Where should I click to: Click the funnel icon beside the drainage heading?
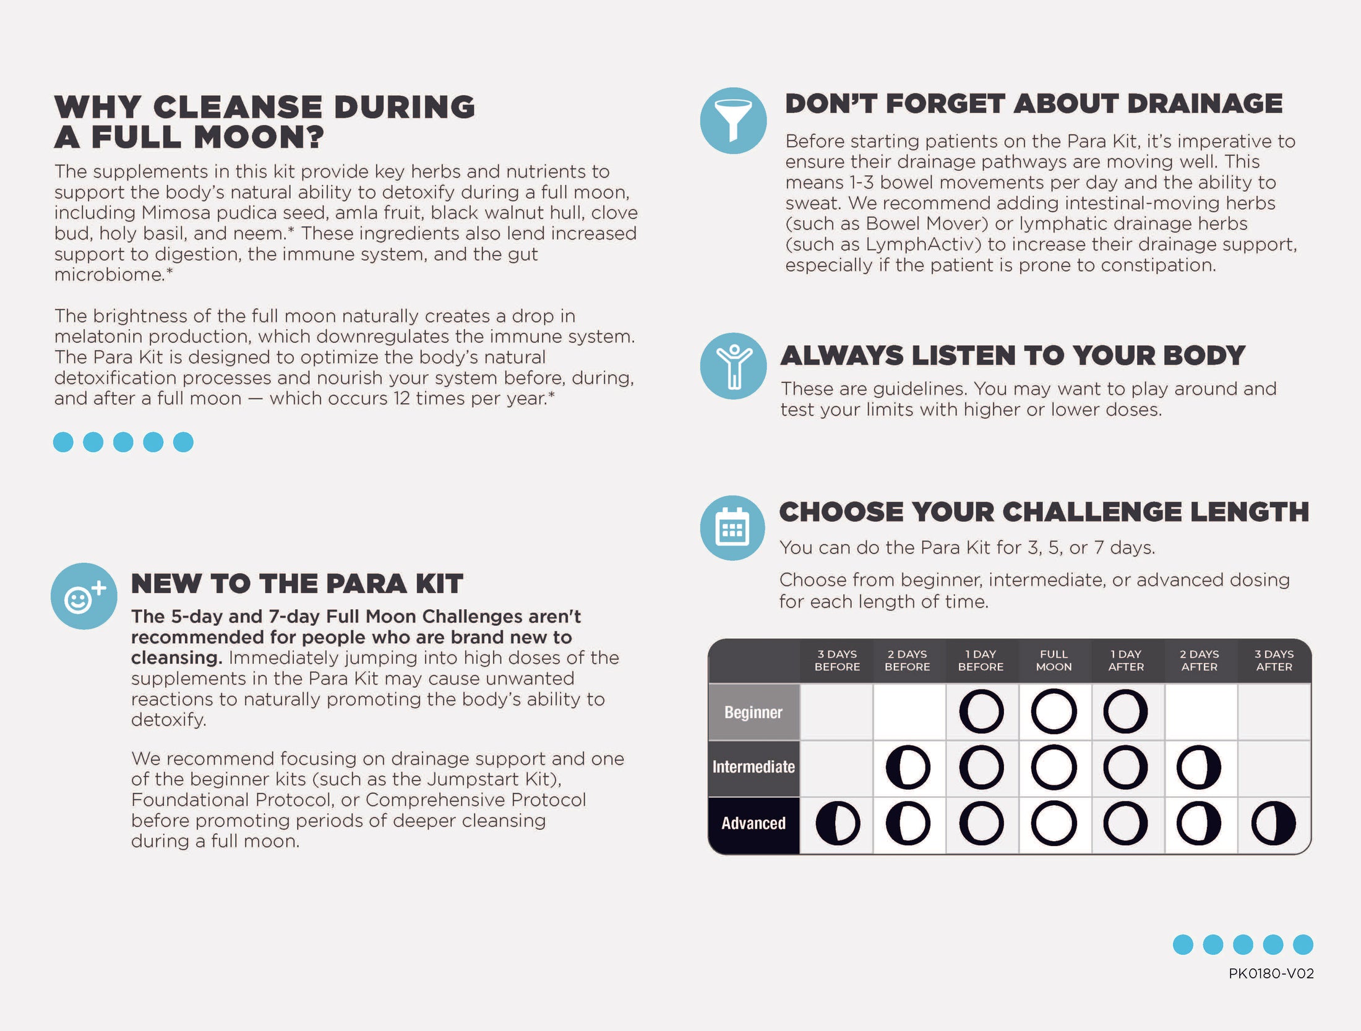pos(733,121)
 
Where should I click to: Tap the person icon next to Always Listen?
pos(733,366)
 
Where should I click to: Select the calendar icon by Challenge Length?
pos(732,528)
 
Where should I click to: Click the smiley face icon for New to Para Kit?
pos(84,596)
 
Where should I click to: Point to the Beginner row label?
pos(753,712)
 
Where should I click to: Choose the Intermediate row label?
pos(753,767)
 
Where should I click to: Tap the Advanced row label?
pos(753,823)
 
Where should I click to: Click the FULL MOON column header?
pos(1054,661)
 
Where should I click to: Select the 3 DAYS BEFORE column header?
pos(837,661)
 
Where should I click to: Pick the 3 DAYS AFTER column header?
pos(1274,661)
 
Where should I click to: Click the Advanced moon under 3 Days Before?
pos(838,823)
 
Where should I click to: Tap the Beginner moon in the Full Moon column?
pos(1054,712)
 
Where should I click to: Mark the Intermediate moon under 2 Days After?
pos(1199,768)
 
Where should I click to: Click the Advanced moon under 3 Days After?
pos(1274,823)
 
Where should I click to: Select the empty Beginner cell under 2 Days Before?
pos(909,712)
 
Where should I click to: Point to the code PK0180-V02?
pos(1271,973)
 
